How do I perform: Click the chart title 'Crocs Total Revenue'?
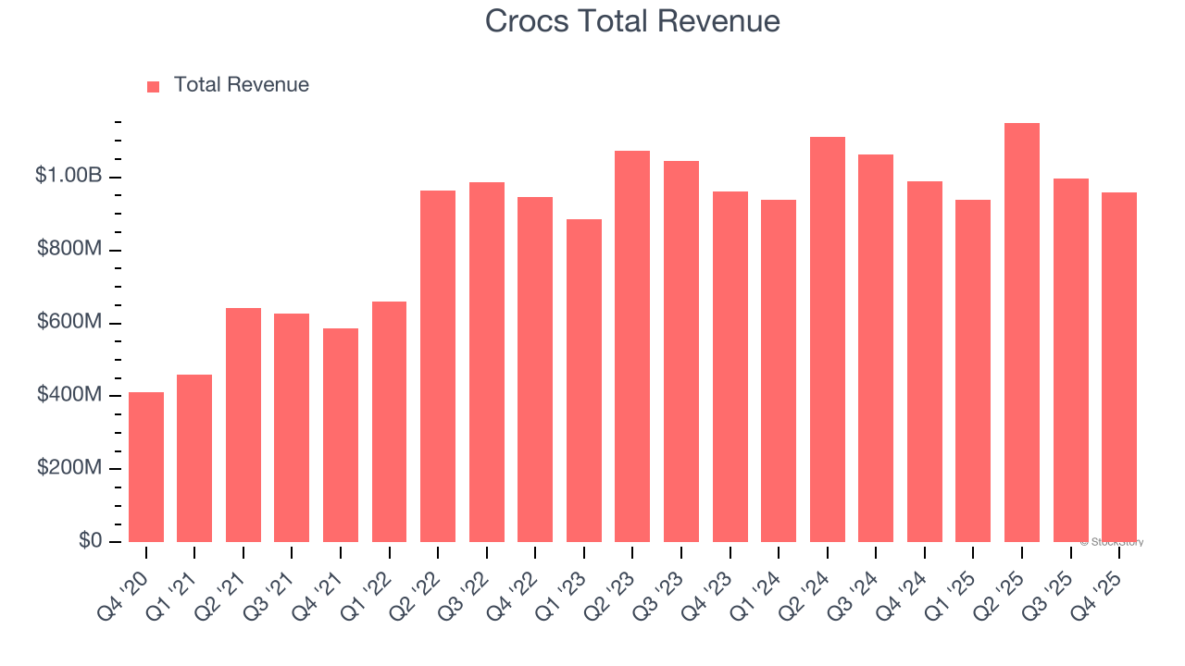pyautogui.click(x=632, y=21)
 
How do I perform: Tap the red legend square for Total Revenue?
pyautogui.click(x=154, y=86)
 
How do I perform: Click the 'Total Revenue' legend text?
pyautogui.click(x=241, y=85)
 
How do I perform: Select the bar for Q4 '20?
pyautogui.click(x=146, y=467)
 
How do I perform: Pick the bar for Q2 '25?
pyautogui.click(x=1022, y=333)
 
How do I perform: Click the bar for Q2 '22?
pyautogui.click(x=438, y=366)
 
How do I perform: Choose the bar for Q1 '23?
pyautogui.click(x=584, y=380)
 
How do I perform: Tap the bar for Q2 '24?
pyautogui.click(x=828, y=339)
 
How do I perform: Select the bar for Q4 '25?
pyautogui.click(x=1119, y=367)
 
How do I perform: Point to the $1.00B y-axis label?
pyautogui.click(x=68, y=176)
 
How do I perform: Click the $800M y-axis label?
pyautogui.click(x=69, y=250)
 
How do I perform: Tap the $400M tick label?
pyautogui.click(x=69, y=395)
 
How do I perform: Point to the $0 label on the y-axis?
pyautogui.click(x=89, y=540)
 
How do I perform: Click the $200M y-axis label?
pyautogui.click(x=69, y=468)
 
